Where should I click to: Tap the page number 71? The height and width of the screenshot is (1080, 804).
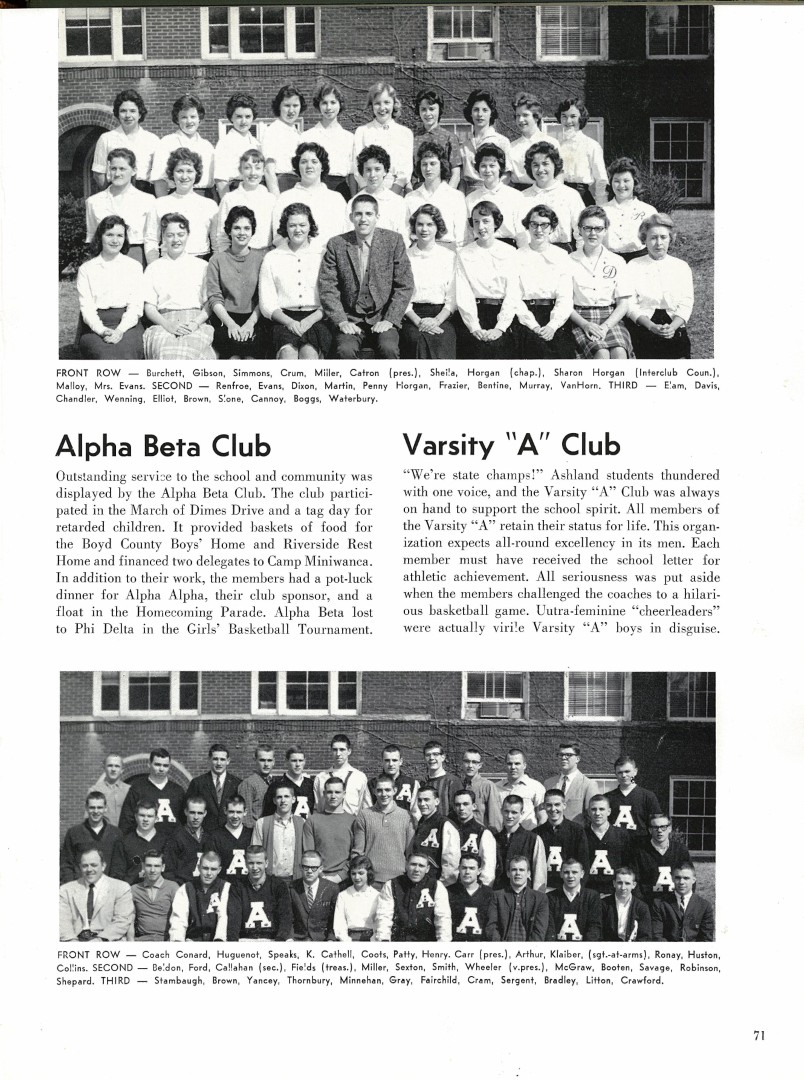click(x=759, y=1035)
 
